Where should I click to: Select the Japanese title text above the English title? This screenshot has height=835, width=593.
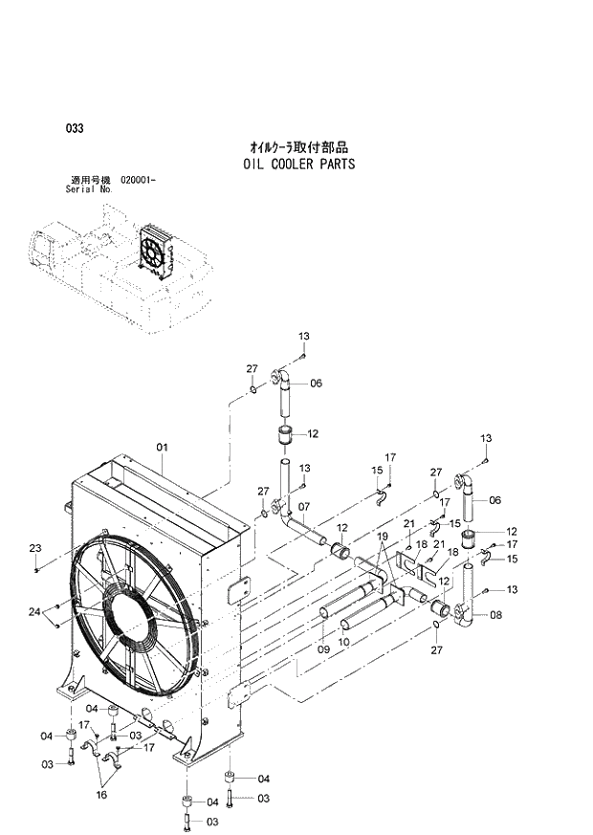coord(298,147)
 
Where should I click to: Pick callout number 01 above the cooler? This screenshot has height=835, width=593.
coord(162,447)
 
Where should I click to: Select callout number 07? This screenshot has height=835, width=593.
coord(304,506)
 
